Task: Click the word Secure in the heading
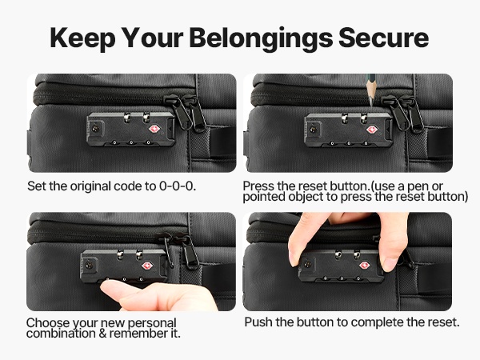point(383,38)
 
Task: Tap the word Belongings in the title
point(261,39)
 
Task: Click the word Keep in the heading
point(82,39)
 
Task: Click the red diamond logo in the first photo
point(154,129)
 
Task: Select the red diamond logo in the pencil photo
point(372,130)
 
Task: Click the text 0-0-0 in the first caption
point(178,186)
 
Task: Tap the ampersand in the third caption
point(102,334)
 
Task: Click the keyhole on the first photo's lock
point(95,130)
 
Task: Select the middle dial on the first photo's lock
point(131,142)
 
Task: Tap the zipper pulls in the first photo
point(185,112)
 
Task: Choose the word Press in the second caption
point(258,186)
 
